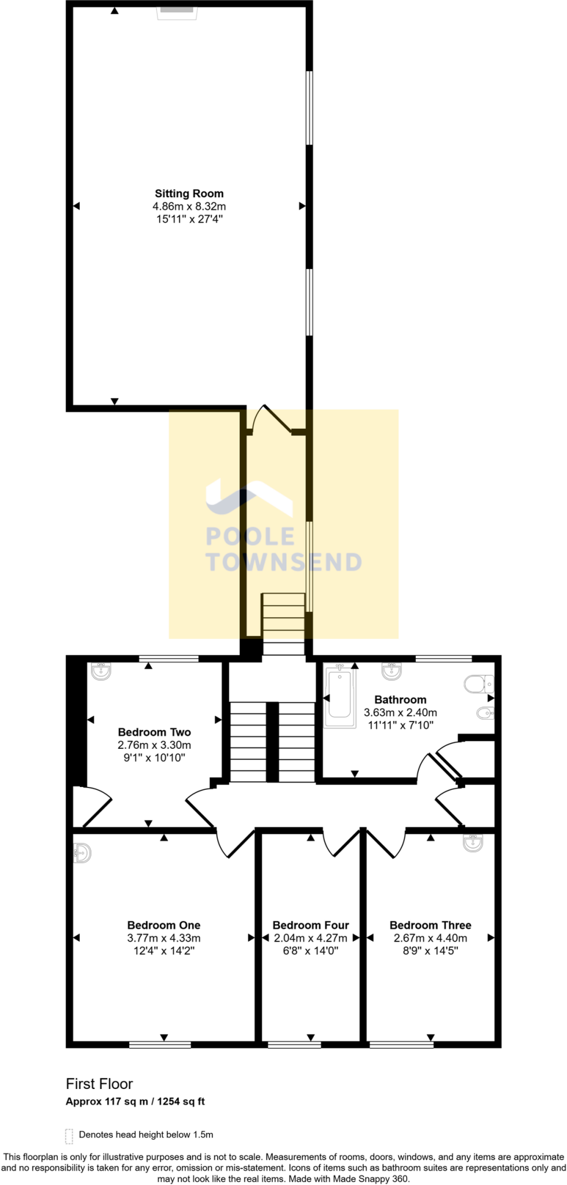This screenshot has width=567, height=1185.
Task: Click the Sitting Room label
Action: (x=189, y=194)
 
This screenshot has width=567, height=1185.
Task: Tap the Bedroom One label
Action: (x=164, y=925)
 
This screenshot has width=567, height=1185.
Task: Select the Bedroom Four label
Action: (x=311, y=925)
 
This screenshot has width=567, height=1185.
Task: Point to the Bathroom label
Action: (x=400, y=700)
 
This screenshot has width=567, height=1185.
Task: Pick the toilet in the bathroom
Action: (x=478, y=684)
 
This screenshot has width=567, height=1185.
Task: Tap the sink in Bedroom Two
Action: (x=101, y=670)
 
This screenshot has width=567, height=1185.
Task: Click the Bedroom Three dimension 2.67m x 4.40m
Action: (x=430, y=938)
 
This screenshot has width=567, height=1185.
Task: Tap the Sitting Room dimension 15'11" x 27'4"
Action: (x=189, y=219)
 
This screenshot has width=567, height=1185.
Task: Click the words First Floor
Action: (x=100, y=1084)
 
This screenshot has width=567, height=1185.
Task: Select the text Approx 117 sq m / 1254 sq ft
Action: (x=136, y=1102)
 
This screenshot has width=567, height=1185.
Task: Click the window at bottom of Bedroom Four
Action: (x=294, y=1044)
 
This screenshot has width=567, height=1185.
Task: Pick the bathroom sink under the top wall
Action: (x=392, y=670)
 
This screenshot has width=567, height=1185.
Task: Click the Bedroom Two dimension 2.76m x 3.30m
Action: (x=155, y=745)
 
